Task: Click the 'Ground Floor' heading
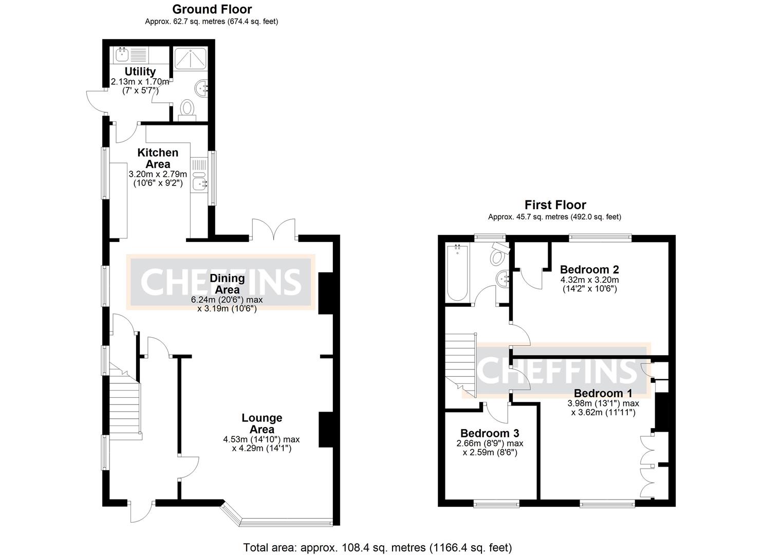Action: pyautogui.click(x=212, y=9)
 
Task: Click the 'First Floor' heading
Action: pyautogui.click(x=555, y=205)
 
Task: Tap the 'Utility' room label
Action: pyautogui.click(x=140, y=71)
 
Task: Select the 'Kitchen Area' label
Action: pyautogui.click(x=158, y=158)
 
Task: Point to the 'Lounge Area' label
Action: pyautogui.click(x=262, y=423)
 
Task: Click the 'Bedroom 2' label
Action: pyautogui.click(x=589, y=269)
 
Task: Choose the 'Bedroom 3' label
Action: pyautogui.click(x=490, y=433)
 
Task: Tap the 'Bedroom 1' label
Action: pyautogui.click(x=603, y=394)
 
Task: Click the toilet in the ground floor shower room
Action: pyautogui.click(x=188, y=109)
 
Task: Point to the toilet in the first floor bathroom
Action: pyautogui.click(x=499, y=253)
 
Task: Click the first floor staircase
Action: pyautogui.click(x=461, y=360)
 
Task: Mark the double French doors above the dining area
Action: pyautogui.click(x=273, y=230)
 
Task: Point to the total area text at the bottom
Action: pyautogui.click(x=377, y=547)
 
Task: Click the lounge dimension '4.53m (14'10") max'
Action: pyautogui.click(x=262, y=439)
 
